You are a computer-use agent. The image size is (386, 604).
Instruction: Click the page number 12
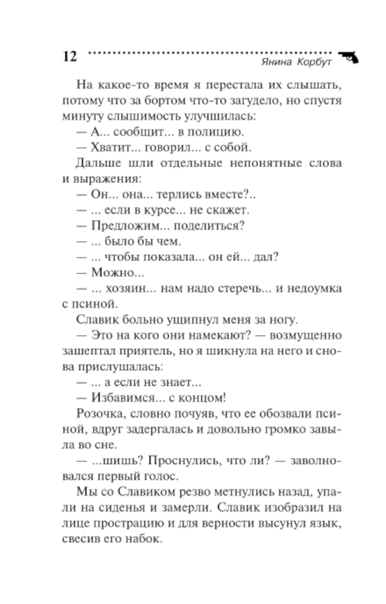tap(70, 56)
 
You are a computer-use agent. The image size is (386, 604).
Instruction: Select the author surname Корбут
tap(314, 62)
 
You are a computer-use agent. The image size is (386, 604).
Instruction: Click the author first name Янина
tap(277, 62)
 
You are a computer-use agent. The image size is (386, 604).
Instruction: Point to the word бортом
tap(166, 100)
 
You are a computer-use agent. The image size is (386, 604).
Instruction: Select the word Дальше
tap(98, 163)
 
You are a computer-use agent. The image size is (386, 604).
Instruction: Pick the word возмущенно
tap(305, 335)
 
